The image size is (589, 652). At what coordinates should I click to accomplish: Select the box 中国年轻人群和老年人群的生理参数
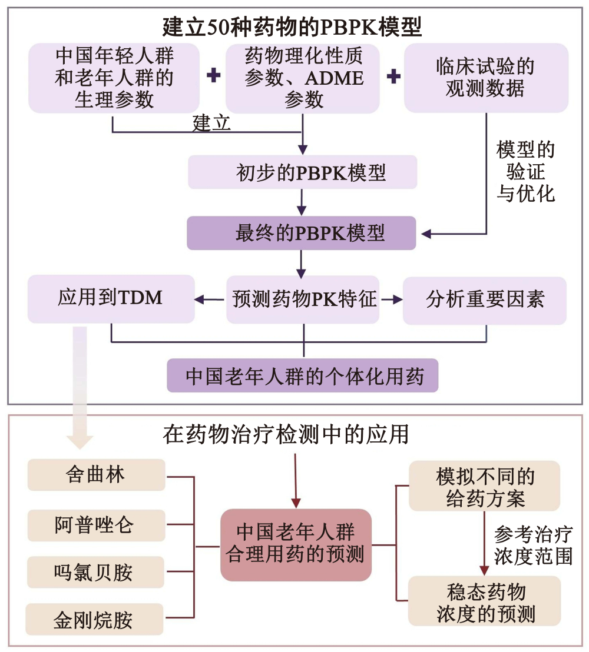pos(114,78)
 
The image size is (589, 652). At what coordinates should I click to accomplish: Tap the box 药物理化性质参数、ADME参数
pos(303,78)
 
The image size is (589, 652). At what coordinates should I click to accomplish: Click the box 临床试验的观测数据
pos(486,78)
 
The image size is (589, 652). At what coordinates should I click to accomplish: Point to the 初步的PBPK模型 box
pos(303,172)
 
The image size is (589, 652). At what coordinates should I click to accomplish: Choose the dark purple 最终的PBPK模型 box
pos(302,233)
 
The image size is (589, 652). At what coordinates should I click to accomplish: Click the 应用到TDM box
pos(111,299)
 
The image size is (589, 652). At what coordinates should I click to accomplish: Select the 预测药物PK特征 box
pos(303,300)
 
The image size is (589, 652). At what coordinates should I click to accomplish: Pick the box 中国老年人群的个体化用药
pos(303,375)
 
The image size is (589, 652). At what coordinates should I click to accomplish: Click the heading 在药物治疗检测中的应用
pos(286,435)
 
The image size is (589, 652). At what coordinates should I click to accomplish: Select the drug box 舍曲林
pos(96,475)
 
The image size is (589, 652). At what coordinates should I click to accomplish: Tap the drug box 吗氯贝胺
pos(96,572)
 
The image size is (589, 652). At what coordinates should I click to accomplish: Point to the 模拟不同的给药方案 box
pos(484,486)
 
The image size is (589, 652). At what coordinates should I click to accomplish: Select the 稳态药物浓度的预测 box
pos(484,601)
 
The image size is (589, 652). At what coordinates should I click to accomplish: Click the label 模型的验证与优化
pos(525,171)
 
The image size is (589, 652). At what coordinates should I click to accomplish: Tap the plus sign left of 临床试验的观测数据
pos(393,76)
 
